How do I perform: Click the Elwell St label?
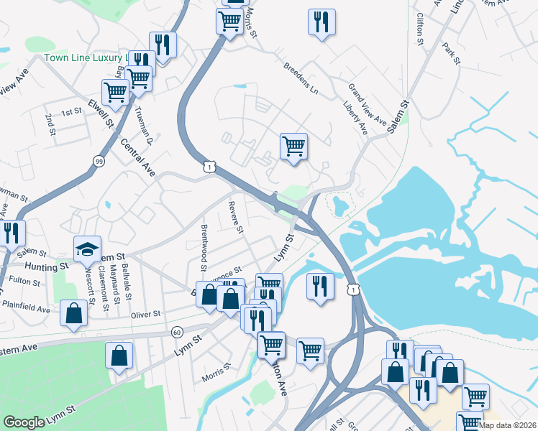(101, 115)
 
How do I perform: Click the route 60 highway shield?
(177, 332)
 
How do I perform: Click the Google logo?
(24, 422)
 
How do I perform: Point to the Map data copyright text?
(508, 425)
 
